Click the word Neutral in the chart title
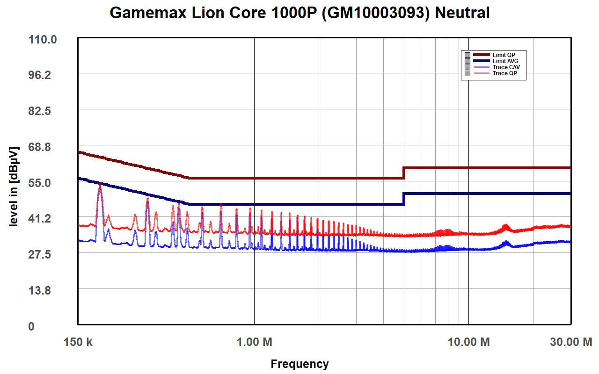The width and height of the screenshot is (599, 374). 462,13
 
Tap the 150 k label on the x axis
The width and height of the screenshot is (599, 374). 78,342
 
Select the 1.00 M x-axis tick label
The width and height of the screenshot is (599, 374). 254,342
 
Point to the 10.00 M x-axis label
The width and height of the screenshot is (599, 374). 468,342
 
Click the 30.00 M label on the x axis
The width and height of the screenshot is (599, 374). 570,342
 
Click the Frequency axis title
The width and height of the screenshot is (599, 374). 299,364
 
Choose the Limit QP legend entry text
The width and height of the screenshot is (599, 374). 504,55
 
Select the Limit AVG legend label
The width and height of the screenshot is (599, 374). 505,61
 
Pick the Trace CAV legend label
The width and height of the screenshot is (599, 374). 506,67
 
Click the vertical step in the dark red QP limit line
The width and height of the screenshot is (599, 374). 404,173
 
